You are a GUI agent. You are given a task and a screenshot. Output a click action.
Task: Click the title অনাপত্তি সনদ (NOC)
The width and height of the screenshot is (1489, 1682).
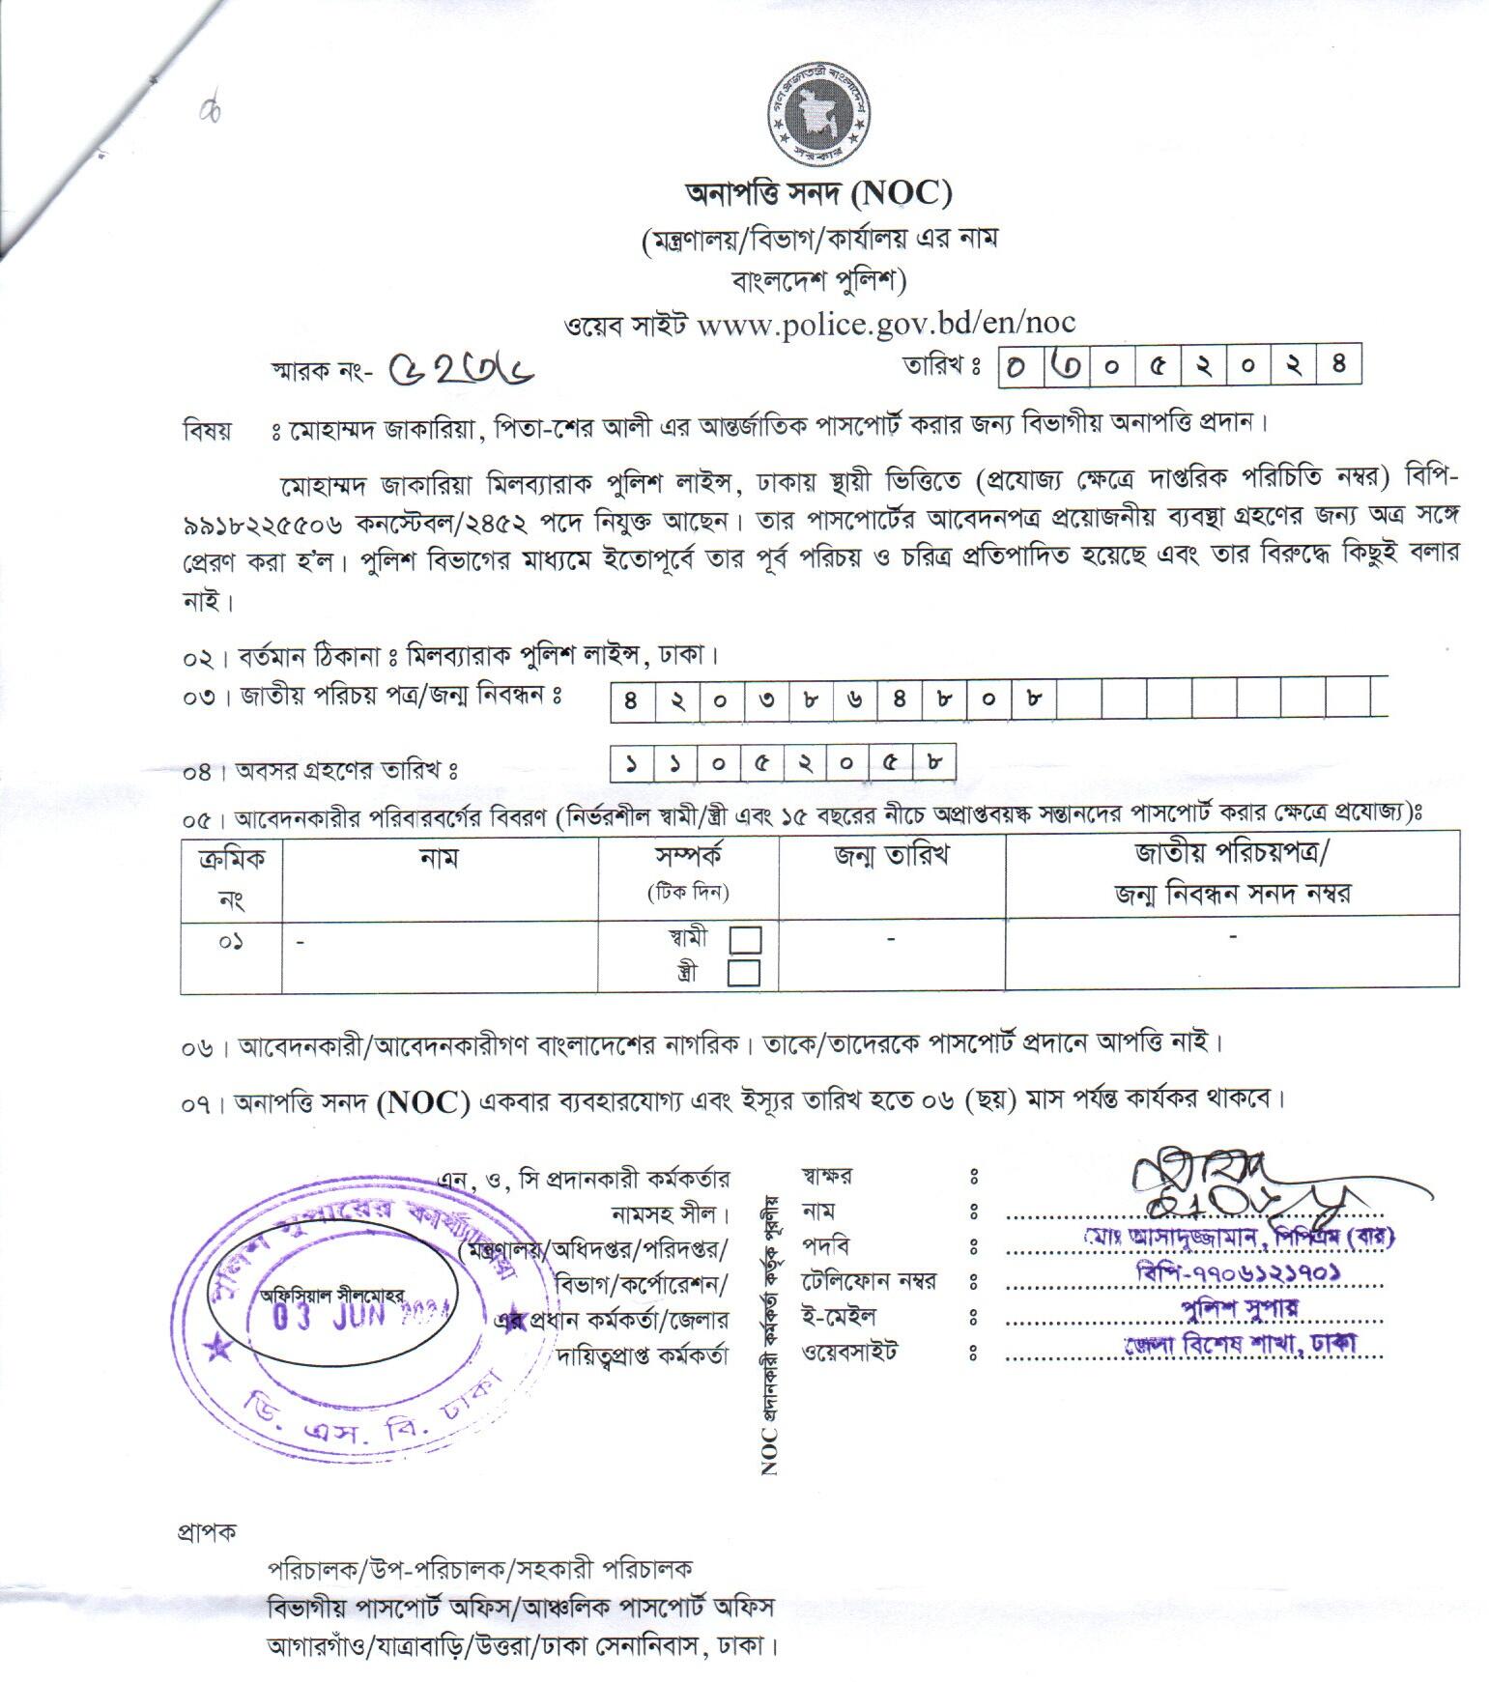[817, 195]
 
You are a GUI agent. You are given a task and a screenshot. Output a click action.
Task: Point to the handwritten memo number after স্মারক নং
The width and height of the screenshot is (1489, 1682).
[461, 368]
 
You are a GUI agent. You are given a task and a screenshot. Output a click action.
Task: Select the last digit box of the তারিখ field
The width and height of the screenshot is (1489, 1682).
[1338, 366]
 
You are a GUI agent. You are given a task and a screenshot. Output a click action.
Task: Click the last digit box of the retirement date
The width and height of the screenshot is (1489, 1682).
[932, 763]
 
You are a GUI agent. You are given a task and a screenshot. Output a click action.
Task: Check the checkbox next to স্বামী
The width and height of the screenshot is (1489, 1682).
[745, 940]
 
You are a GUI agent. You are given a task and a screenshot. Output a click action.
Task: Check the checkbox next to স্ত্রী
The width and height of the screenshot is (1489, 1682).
[743, 972]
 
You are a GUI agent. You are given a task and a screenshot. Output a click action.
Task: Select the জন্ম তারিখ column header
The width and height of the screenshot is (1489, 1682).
[891, 856]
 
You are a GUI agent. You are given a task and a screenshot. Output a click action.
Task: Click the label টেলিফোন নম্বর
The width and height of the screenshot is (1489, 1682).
[869, 1282]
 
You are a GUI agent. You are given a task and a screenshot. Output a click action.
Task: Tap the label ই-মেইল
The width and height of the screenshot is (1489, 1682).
[839, 1317]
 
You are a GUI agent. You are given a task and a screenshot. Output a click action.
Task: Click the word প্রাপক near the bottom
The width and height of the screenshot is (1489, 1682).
[206, 1532]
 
